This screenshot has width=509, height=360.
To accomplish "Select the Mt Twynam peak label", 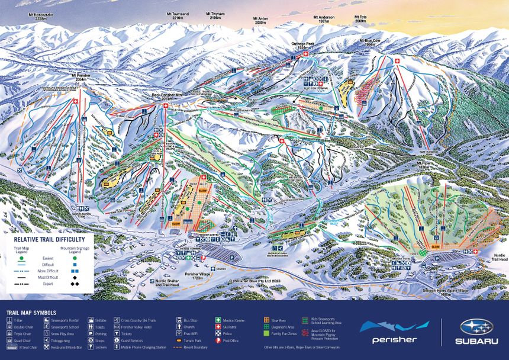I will coord(215,15).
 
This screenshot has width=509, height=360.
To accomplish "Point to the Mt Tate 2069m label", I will coord(360,19).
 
